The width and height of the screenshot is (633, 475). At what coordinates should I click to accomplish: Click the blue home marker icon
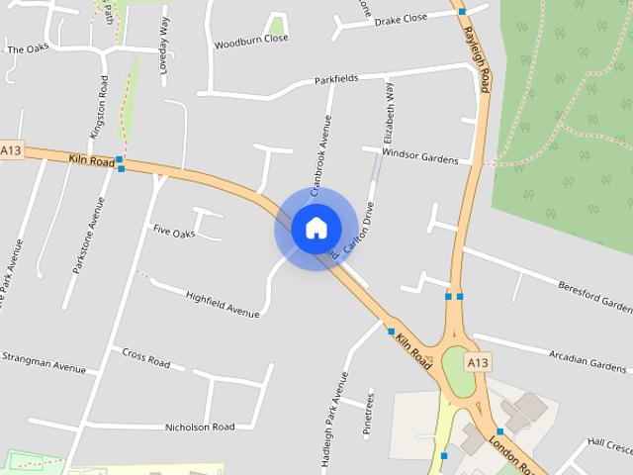[316, 229]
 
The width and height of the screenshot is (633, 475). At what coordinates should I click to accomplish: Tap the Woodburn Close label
[251, 41]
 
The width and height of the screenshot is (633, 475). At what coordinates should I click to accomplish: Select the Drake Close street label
[401, 19]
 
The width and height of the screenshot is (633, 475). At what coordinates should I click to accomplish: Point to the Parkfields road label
[336, 78]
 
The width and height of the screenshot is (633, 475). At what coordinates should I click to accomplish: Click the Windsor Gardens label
[419, 156]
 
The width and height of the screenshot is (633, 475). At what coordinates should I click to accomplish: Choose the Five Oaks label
[173, 230]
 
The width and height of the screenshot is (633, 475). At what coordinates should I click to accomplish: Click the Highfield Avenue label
[223, 303]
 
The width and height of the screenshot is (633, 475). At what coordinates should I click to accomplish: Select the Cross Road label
[145, 356]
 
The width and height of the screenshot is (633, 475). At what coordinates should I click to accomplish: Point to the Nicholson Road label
[201, 427]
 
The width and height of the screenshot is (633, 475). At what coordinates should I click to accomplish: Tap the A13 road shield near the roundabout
[479, 363]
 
